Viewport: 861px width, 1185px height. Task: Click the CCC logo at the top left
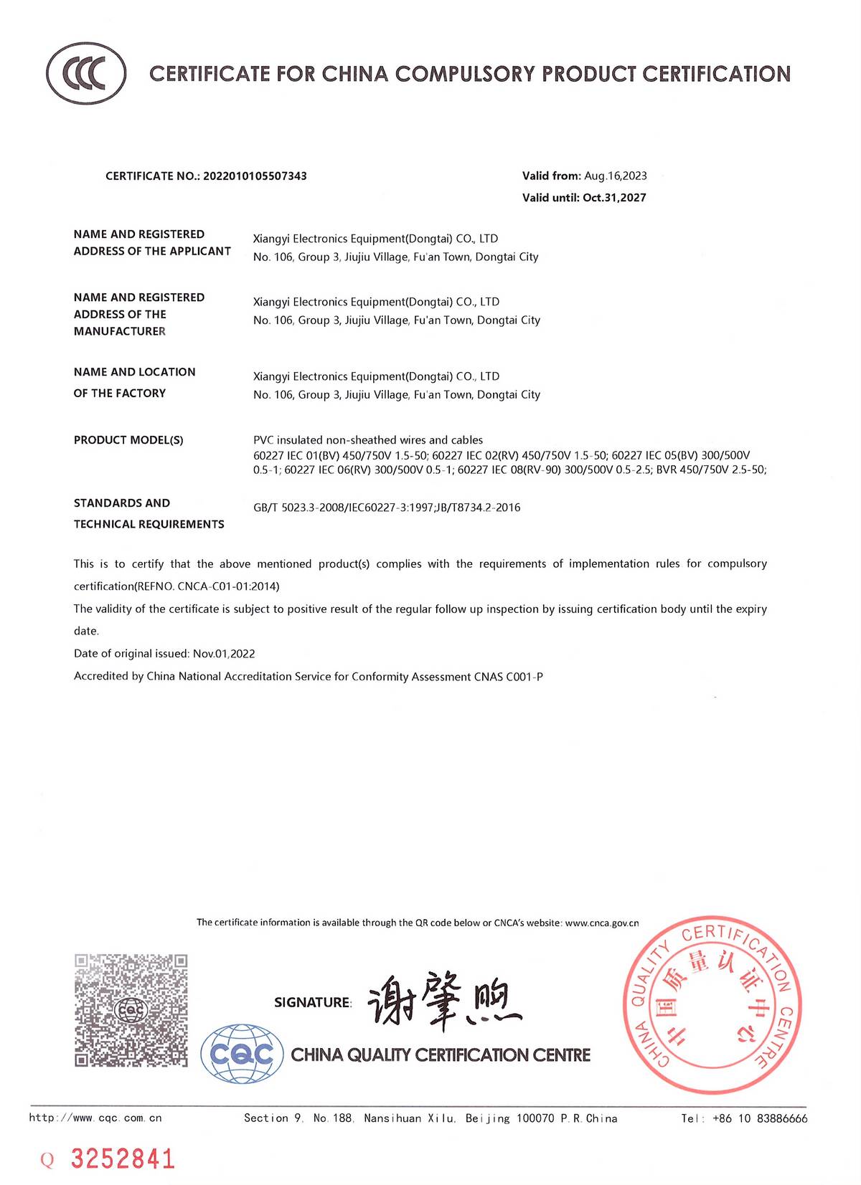coord(86,74)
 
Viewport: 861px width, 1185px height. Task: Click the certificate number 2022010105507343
coord(255,176)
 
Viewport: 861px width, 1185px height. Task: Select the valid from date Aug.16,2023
coord(615,176)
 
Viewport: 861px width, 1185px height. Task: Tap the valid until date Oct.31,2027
coord(614,198)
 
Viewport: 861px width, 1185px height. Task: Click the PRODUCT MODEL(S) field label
coord(128,440)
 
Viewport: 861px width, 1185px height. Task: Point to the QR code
coord(131,1009)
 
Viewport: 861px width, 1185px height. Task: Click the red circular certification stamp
coord(712,1005)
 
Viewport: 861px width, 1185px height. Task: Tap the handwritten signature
coord(444,1000)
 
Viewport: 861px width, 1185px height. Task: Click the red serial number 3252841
coord(121,1159)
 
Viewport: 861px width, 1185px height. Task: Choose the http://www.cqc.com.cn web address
coord(95,1118)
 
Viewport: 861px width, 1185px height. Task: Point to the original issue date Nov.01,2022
coord(224,654)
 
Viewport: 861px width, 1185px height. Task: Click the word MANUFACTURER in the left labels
coord(120,331)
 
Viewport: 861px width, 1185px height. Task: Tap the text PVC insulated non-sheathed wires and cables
coord(368,440)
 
